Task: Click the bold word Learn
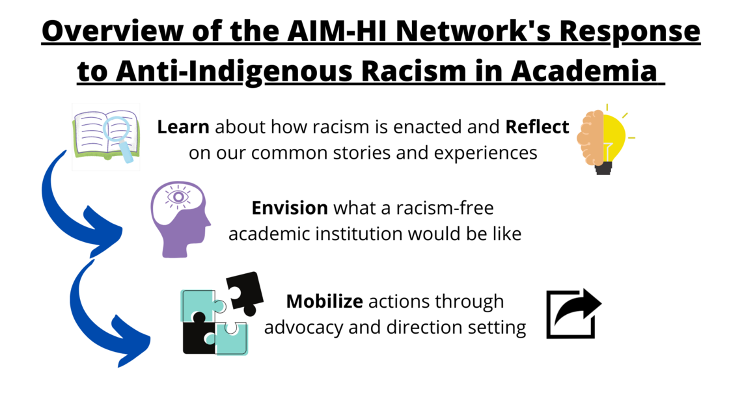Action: pyautogui.click(x=183, y=127)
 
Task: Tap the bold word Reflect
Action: pyautogui.click(x=537, y=127)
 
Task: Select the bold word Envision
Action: pyautogui.click(x=290, y=208)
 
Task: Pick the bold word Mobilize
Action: pyautogui.click(x=324, y=302)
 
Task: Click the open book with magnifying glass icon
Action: pyautogui.click(x=106, y=137)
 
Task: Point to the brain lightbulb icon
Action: pyautogui.click(x=603, y=140)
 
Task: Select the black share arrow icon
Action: pyautogui.click(x=573, y=314)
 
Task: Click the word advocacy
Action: pyautogui.click(x=303, y=327)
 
